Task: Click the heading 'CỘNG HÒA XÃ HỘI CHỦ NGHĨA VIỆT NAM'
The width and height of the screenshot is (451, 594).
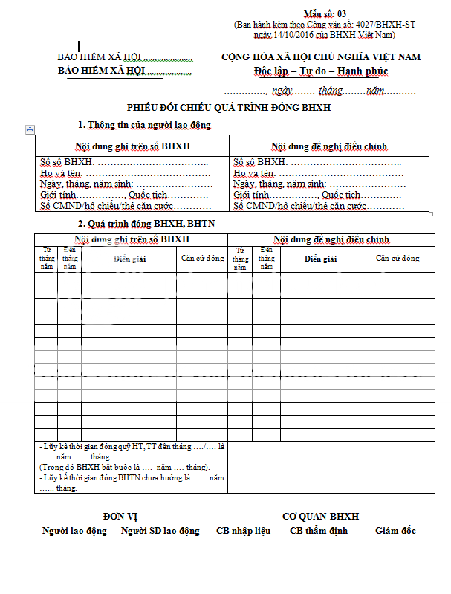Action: pos(320,57)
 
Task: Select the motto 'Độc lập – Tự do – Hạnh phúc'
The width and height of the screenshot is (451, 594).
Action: pos(320,71)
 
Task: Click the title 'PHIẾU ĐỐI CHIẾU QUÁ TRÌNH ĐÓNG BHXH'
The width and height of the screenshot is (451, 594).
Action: pos(228,108)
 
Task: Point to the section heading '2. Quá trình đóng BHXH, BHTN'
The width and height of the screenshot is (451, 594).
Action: pos(146,223)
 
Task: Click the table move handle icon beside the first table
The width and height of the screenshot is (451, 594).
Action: pos(30,129)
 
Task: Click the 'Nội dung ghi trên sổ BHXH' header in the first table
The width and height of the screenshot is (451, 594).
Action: pos(132,146)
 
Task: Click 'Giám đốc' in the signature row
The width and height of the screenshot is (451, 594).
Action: pos(395,531)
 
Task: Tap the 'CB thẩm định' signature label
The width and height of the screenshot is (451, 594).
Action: pos(318,531)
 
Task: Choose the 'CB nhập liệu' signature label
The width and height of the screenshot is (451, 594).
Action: pos(243,531)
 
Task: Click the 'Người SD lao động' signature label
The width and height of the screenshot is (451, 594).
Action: pos(160,531)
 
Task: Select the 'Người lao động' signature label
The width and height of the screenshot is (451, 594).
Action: pos(74,531)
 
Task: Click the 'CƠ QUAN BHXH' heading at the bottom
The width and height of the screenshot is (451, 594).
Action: pos(320,516)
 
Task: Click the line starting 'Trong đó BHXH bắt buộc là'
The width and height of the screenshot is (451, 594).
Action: pos(125,467)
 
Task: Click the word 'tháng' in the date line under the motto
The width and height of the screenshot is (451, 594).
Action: pos(330,91)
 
